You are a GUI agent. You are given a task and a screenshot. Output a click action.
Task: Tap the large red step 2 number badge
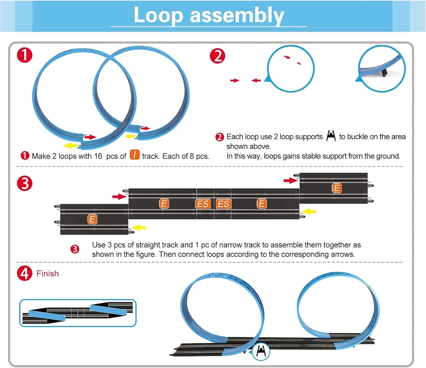tap(218, 56)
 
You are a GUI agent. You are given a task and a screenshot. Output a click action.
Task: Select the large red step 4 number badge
tap(24, 274)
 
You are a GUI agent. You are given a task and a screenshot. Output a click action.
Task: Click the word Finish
tap(47, 273)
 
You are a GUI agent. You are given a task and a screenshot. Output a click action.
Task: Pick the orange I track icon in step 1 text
tap(135, 155)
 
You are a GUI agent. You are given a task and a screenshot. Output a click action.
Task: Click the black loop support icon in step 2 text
tap(331, 136)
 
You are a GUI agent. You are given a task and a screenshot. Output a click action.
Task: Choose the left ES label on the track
tap(203, 204)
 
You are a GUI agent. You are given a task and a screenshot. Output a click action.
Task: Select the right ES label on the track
tap(223, 204)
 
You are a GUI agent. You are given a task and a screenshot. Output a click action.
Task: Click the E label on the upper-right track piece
tap(337, 188)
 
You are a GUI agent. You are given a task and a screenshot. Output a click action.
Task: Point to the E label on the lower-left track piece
tap(92, 219)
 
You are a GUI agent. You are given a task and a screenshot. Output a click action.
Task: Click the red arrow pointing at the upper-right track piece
tap(290, 181)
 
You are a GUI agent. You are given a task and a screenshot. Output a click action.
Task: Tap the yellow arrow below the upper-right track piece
tap(311, 211)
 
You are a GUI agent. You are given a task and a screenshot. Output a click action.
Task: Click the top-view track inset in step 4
tap(78, 313)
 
